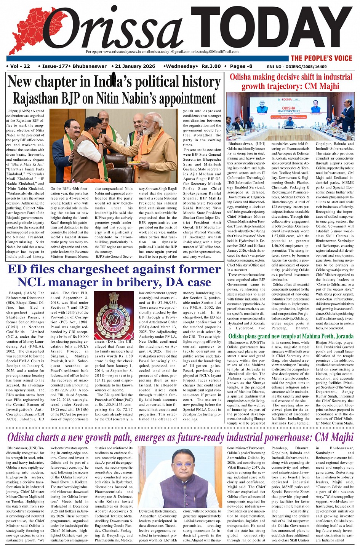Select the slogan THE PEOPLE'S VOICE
click(322, 58)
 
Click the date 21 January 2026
click(135, 66)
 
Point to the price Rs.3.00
click(211, 66)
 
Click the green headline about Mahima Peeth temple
click(291, 336)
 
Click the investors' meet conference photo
click(291, 117)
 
